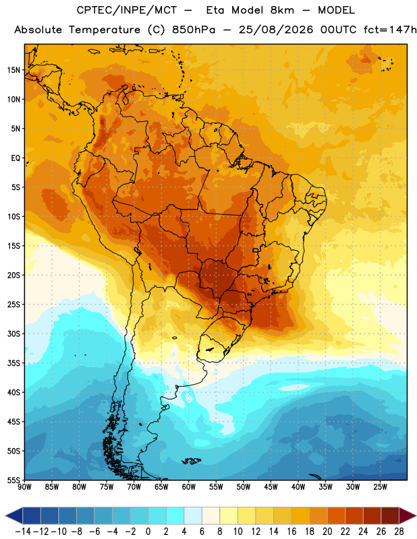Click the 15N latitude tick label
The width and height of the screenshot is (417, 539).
[x=13, y=70]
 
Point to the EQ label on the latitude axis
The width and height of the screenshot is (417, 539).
[x=16, y=158]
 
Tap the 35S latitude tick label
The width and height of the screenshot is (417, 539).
[x=13, y=363]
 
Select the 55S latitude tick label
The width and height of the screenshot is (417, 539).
[x=13, y=480]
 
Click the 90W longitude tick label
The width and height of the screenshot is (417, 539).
[x=25, y=487]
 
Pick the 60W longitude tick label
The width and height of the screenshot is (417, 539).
[x=189, y=487]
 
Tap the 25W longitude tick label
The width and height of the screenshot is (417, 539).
[x=380, y=487]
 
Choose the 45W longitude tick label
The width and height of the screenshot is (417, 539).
[x=271, y=487]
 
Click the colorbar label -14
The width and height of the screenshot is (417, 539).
[x=23, y=532]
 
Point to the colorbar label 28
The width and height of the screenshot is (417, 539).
[x=399, y=532]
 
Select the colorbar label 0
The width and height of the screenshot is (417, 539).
[x=148, y=532]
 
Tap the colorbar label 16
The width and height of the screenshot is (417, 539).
[x=291, y=532]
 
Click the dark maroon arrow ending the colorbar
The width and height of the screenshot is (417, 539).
[x=407, y=515]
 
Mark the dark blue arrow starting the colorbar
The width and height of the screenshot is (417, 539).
[x=14, y=515]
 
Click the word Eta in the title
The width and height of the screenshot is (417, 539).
[x=215, y=10]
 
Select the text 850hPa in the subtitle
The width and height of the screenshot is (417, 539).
[x=194, y=30]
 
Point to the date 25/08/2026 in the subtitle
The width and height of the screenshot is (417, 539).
[x=276, y=30]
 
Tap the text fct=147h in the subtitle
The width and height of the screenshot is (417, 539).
[x=390, y=30]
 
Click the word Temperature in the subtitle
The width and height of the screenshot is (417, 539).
[x=105, y=30]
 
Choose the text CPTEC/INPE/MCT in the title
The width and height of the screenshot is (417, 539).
[x=127, y=10]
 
